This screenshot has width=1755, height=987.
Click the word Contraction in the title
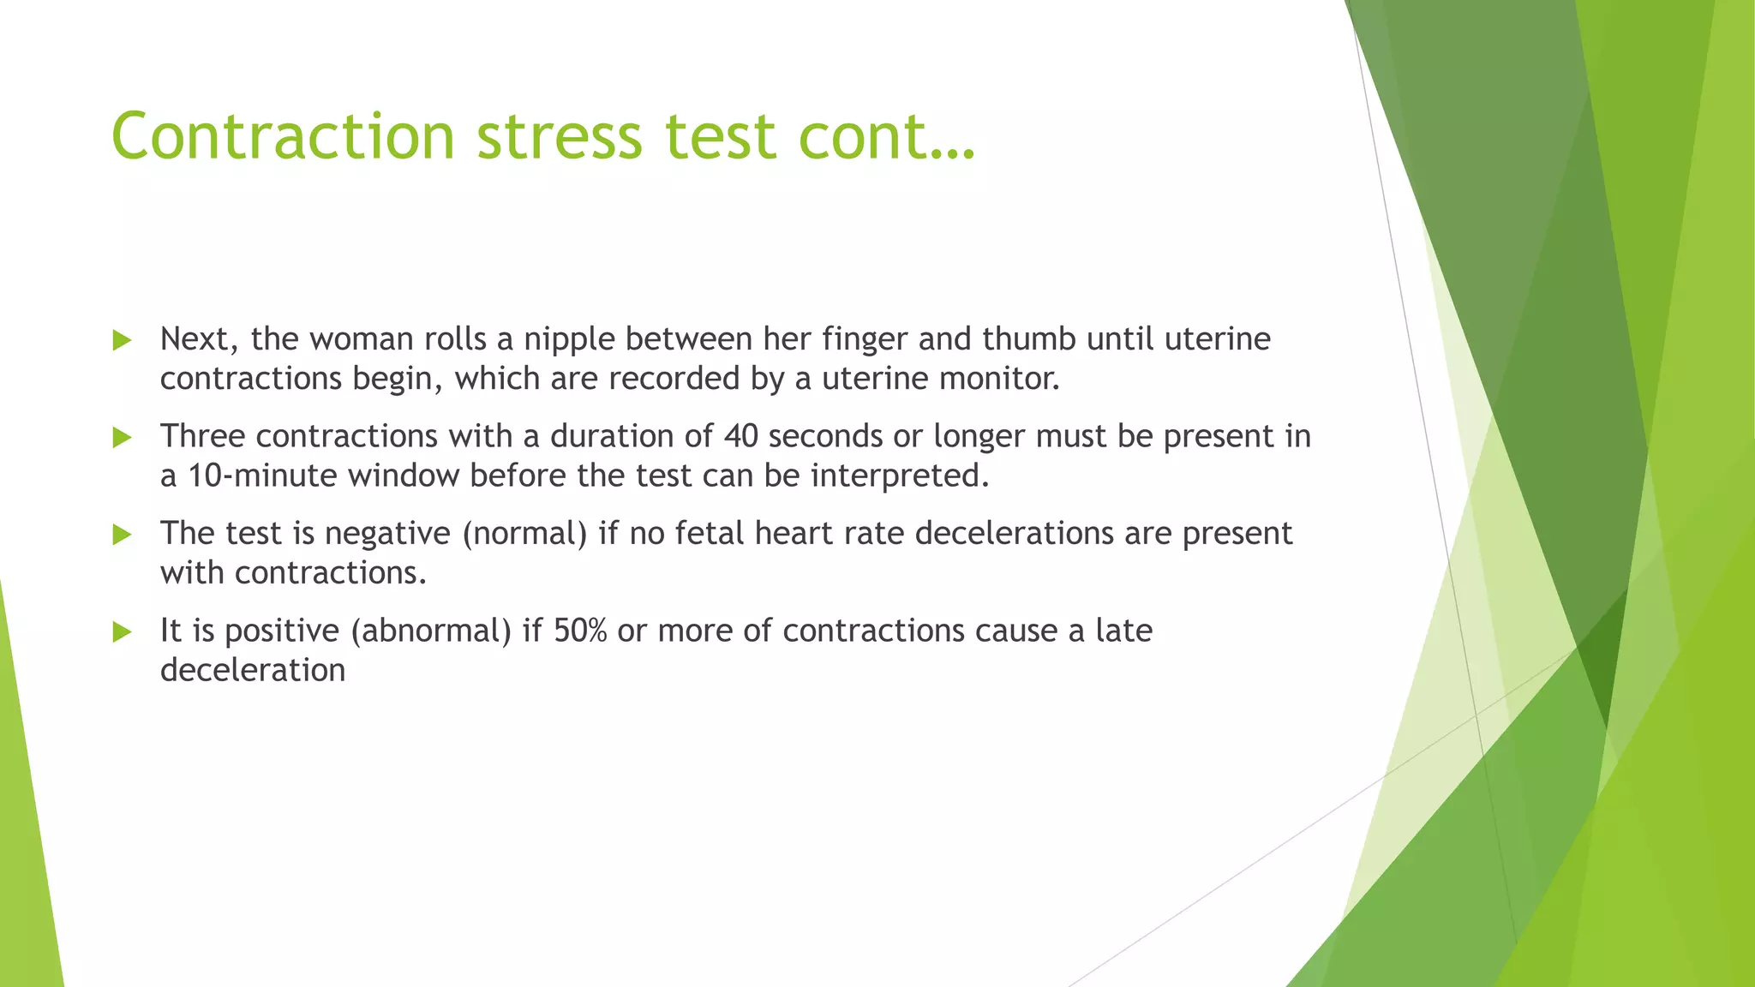(283, 136)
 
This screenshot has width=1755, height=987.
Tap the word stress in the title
(559, 136)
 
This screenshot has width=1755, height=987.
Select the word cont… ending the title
(887, 136)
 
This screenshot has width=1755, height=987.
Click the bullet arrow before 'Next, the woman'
(123, 341)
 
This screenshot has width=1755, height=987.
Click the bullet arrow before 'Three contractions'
(123, 438)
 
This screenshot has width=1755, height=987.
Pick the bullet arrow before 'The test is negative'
(123, 535)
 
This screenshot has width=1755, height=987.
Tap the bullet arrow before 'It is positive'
(123, 632)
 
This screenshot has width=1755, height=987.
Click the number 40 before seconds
(741, 437)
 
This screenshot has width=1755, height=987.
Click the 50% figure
(580, 631)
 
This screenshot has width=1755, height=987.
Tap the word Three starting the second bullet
(202, 437)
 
